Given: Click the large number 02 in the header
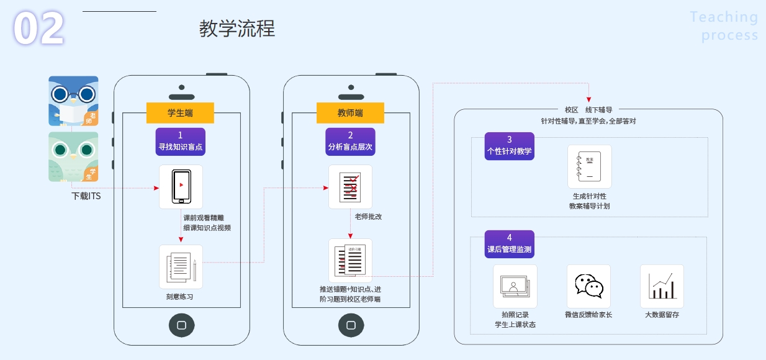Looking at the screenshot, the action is [38, 27].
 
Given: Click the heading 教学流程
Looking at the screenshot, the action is [237, 29].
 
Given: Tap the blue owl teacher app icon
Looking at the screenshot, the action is [73, 101].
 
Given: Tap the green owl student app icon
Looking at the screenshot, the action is [73, 156].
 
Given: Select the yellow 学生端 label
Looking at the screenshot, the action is [180, 113].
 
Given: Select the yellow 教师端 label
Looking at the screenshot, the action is [350, 113].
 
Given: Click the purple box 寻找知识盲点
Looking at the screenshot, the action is [181, 142].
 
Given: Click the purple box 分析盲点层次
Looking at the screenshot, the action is [350, 142].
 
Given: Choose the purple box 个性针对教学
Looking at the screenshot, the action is [509, 146].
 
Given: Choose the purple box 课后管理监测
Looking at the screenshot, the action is [509, 244].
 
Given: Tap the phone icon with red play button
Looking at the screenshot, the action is [181, 187].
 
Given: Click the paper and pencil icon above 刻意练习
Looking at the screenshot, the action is [181, 267].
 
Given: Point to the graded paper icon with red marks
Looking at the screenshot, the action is [350, 187].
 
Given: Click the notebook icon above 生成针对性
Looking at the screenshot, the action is [590, 166].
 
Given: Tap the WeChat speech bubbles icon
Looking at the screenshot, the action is [589, 286].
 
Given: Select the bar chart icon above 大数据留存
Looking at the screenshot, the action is [662, 286].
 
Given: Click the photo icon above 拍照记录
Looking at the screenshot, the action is [515, 286].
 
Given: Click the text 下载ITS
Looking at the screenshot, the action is [86, 196].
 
